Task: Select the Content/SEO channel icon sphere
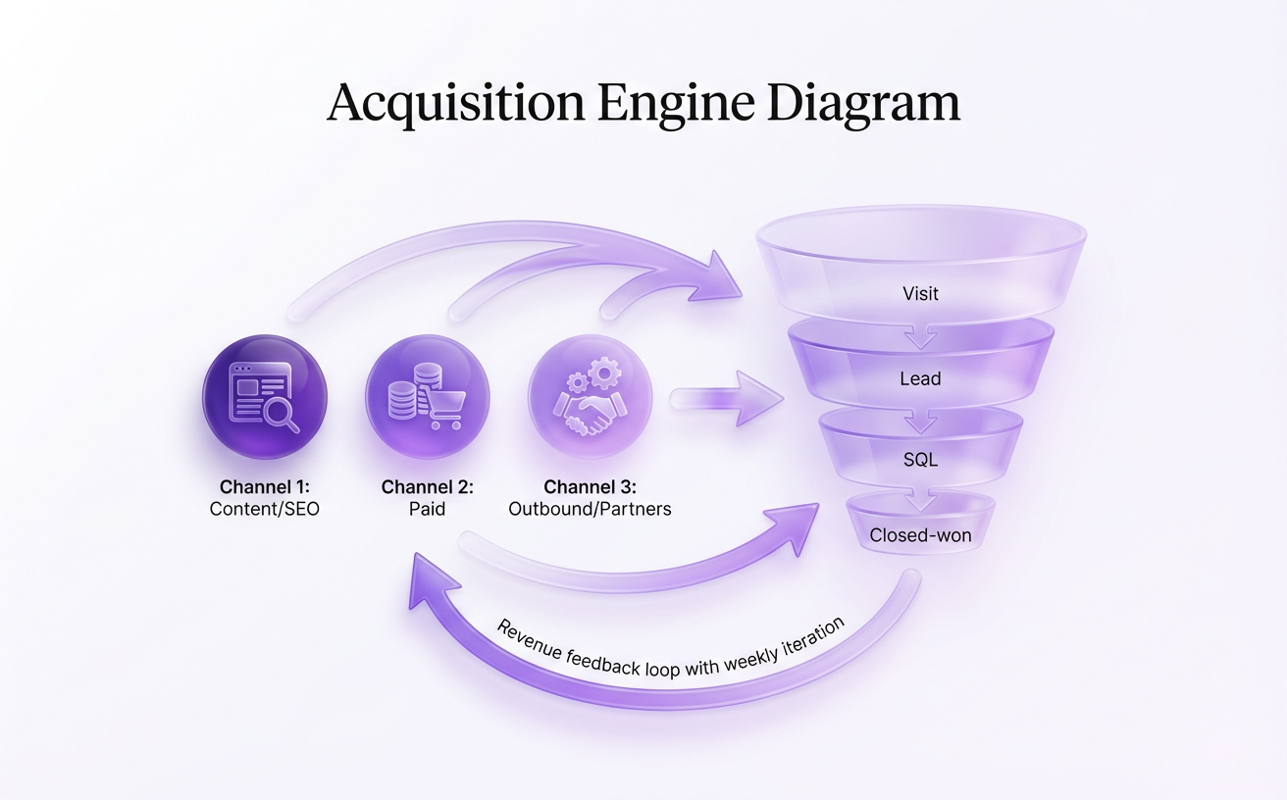265,396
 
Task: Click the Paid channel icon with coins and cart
427,396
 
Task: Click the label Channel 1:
265,487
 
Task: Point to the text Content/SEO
265,509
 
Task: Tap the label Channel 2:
427,487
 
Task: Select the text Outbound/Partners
590,509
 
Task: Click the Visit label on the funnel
920,292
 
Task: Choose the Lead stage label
920,378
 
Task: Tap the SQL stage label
920,458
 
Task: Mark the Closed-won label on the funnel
920,535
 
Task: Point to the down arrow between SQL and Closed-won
920,501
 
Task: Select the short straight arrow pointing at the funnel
726,398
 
